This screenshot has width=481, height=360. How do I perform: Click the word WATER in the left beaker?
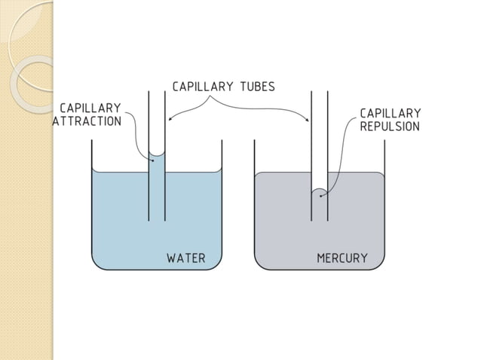coord(185,258)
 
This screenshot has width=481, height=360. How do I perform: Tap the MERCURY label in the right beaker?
coord(342,258)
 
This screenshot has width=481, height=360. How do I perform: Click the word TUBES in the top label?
coord(257,86)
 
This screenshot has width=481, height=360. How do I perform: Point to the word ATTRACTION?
coord(87,121)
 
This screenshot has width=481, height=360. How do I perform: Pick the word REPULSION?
coord(390,127)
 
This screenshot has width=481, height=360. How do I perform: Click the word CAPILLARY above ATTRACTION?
coord(90,108)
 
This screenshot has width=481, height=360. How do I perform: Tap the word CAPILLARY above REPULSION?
coord(390,113)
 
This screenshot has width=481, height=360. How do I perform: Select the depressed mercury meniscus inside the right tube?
coord(320,191)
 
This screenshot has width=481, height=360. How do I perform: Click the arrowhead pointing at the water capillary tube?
coord(170,119)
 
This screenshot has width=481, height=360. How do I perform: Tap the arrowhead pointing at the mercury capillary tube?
coord(308,120)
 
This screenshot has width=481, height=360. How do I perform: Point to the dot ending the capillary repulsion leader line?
coord(321,196)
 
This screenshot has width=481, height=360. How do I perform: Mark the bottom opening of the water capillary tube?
coord(157,220)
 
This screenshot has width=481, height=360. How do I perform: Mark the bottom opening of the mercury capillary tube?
coord(320,220)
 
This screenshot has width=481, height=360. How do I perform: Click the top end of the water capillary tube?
coord(157,92)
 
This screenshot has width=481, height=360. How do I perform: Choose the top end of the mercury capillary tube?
coord(320,92)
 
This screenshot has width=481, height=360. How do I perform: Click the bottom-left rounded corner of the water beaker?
coord(96,264)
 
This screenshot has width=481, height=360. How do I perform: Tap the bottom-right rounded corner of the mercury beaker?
coord(381,264)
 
